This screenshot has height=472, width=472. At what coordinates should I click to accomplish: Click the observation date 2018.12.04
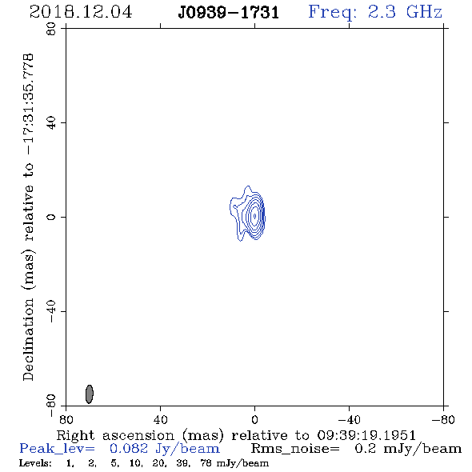[81, 12]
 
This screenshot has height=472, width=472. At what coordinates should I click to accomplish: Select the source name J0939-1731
[229, 13]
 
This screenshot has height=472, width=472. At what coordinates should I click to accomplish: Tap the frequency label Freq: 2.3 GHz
[375, 12]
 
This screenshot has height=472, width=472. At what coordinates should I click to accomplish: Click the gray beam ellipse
[90, 394]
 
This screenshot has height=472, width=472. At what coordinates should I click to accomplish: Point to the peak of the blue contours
[254, 216]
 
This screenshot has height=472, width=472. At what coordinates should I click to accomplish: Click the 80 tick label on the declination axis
[51, 29]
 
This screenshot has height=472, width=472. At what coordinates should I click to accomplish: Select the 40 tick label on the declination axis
[51, 123]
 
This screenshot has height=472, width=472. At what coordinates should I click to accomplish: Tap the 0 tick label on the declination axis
[51, 217]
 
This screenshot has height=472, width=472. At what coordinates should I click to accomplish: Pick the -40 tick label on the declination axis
[51, 311]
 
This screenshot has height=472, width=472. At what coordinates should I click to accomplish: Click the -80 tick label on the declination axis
[51, 406]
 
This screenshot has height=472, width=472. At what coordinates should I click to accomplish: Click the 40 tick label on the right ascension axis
[160, 419]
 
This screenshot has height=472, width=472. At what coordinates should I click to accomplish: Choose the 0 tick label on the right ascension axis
[254, 419]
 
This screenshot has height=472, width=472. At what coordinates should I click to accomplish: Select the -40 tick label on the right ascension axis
[349, 419]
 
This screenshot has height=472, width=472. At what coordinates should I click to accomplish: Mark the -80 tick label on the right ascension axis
[443, 419]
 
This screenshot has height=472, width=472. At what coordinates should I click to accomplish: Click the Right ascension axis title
[236, 435]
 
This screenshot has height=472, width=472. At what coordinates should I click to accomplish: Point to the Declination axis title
[28, 217]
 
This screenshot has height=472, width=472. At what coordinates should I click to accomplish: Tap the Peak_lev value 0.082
[129, 449]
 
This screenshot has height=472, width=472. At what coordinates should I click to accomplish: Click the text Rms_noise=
[295, 449]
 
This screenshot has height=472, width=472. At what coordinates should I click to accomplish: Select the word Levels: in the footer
[35, 463]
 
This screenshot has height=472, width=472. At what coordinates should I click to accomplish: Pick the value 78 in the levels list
[206, 463]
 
